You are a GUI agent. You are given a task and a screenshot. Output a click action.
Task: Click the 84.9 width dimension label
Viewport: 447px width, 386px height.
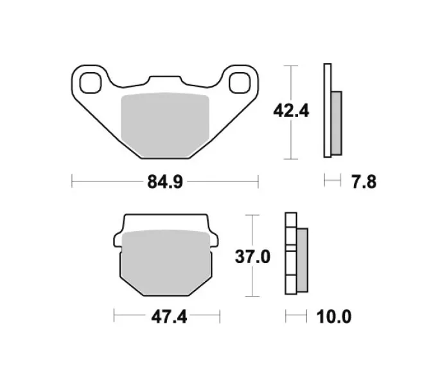[165, 182]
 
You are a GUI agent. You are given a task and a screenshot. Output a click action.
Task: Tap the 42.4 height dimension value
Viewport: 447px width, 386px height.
[291, 111]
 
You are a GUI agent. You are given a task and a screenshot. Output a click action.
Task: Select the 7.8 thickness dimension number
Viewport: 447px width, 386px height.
[364, 182]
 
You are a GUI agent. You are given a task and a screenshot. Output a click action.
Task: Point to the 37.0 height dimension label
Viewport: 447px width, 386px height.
[252, 257]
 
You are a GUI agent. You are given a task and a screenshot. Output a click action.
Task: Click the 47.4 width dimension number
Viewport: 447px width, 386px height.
[169, 317]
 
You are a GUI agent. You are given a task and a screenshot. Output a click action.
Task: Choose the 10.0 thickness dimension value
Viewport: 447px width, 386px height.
[334, 317]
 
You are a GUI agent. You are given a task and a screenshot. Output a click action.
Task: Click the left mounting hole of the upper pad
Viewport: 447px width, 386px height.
[91, 83]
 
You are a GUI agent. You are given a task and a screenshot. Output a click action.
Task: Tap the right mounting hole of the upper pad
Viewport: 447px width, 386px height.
[240, 83]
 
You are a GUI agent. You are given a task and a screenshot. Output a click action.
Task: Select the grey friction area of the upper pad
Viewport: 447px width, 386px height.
[165, 125]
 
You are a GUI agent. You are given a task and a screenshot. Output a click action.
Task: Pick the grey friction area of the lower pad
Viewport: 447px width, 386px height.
[166, 262]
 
